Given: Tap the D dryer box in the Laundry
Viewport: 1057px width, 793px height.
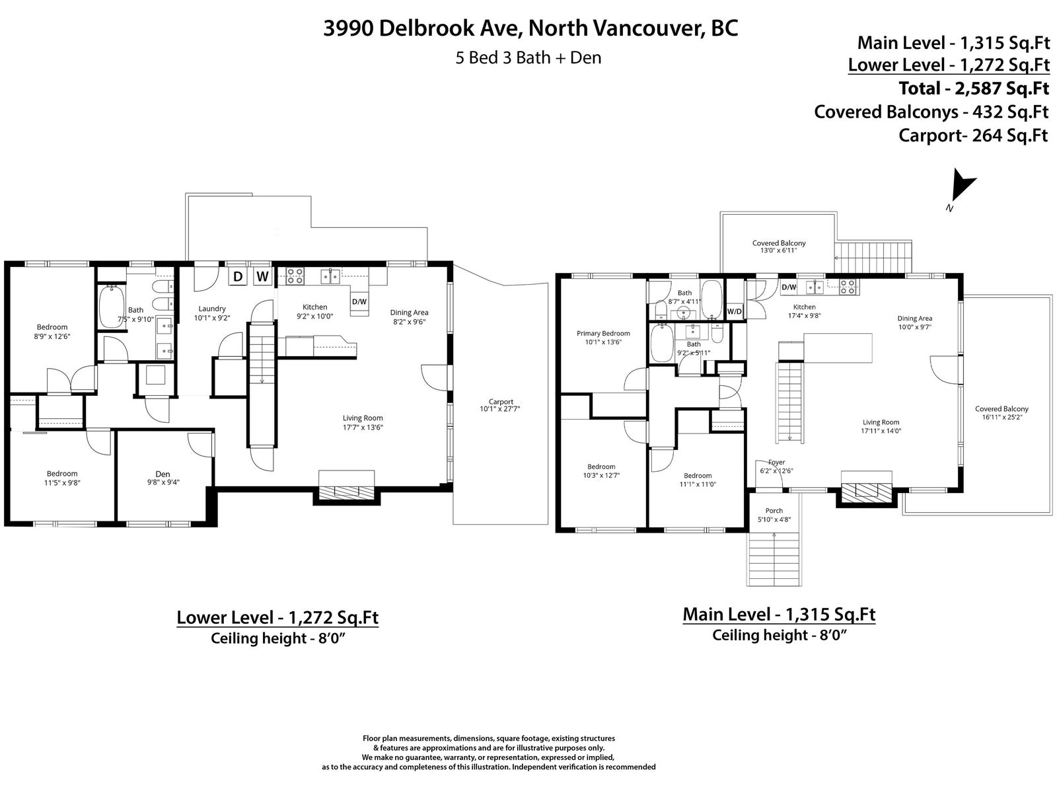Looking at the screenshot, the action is pos(237,276).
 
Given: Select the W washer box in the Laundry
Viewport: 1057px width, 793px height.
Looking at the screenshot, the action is pos(262,276).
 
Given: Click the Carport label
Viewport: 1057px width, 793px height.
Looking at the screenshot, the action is pos(500,402).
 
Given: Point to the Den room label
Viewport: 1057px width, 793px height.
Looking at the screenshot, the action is pos(163,474).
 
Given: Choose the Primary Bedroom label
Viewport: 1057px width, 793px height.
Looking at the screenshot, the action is pos(603,333).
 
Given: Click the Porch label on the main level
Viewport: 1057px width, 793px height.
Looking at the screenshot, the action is pos(774,510).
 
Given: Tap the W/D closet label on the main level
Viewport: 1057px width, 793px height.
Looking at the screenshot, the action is pos(734,311).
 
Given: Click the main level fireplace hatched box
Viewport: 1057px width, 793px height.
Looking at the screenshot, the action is pos(866,491).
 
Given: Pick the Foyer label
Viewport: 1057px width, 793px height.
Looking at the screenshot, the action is pos(776,462).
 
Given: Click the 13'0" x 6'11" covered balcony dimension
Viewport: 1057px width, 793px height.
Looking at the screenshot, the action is pos(779,250).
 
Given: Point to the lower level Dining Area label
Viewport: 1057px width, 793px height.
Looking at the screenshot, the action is pos(409,313).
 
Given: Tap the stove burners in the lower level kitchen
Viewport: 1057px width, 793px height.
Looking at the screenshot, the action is pos(295,276).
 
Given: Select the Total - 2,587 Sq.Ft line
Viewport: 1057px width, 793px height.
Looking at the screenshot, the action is pos(974,88).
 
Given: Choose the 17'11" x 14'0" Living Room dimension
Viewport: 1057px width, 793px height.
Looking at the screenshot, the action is pos(881,431).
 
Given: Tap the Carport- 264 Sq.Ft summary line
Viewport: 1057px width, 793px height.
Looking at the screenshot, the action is pos(973,135).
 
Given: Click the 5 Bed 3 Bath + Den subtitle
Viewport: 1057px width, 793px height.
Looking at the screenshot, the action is pos(528,57).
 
